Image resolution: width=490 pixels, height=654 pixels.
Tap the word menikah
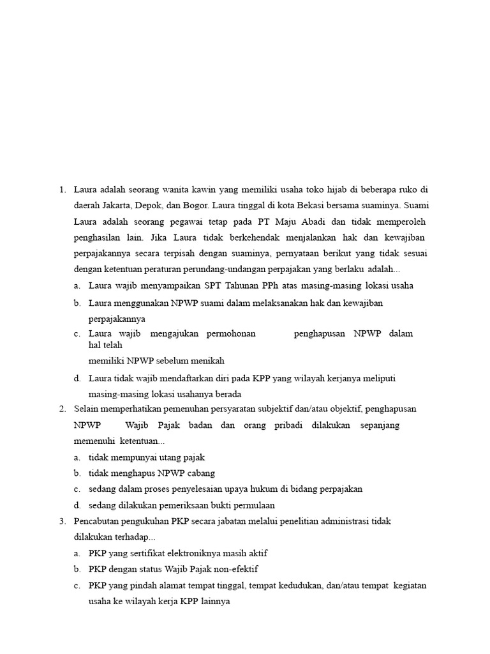tap(207, 360)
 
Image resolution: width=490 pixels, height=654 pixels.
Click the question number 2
tap(63, 409)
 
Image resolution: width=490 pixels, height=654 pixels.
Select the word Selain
tap(87, 409)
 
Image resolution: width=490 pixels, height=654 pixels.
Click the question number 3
tap(63, 521)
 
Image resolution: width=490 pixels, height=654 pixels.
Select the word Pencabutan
tap(97, 521)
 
